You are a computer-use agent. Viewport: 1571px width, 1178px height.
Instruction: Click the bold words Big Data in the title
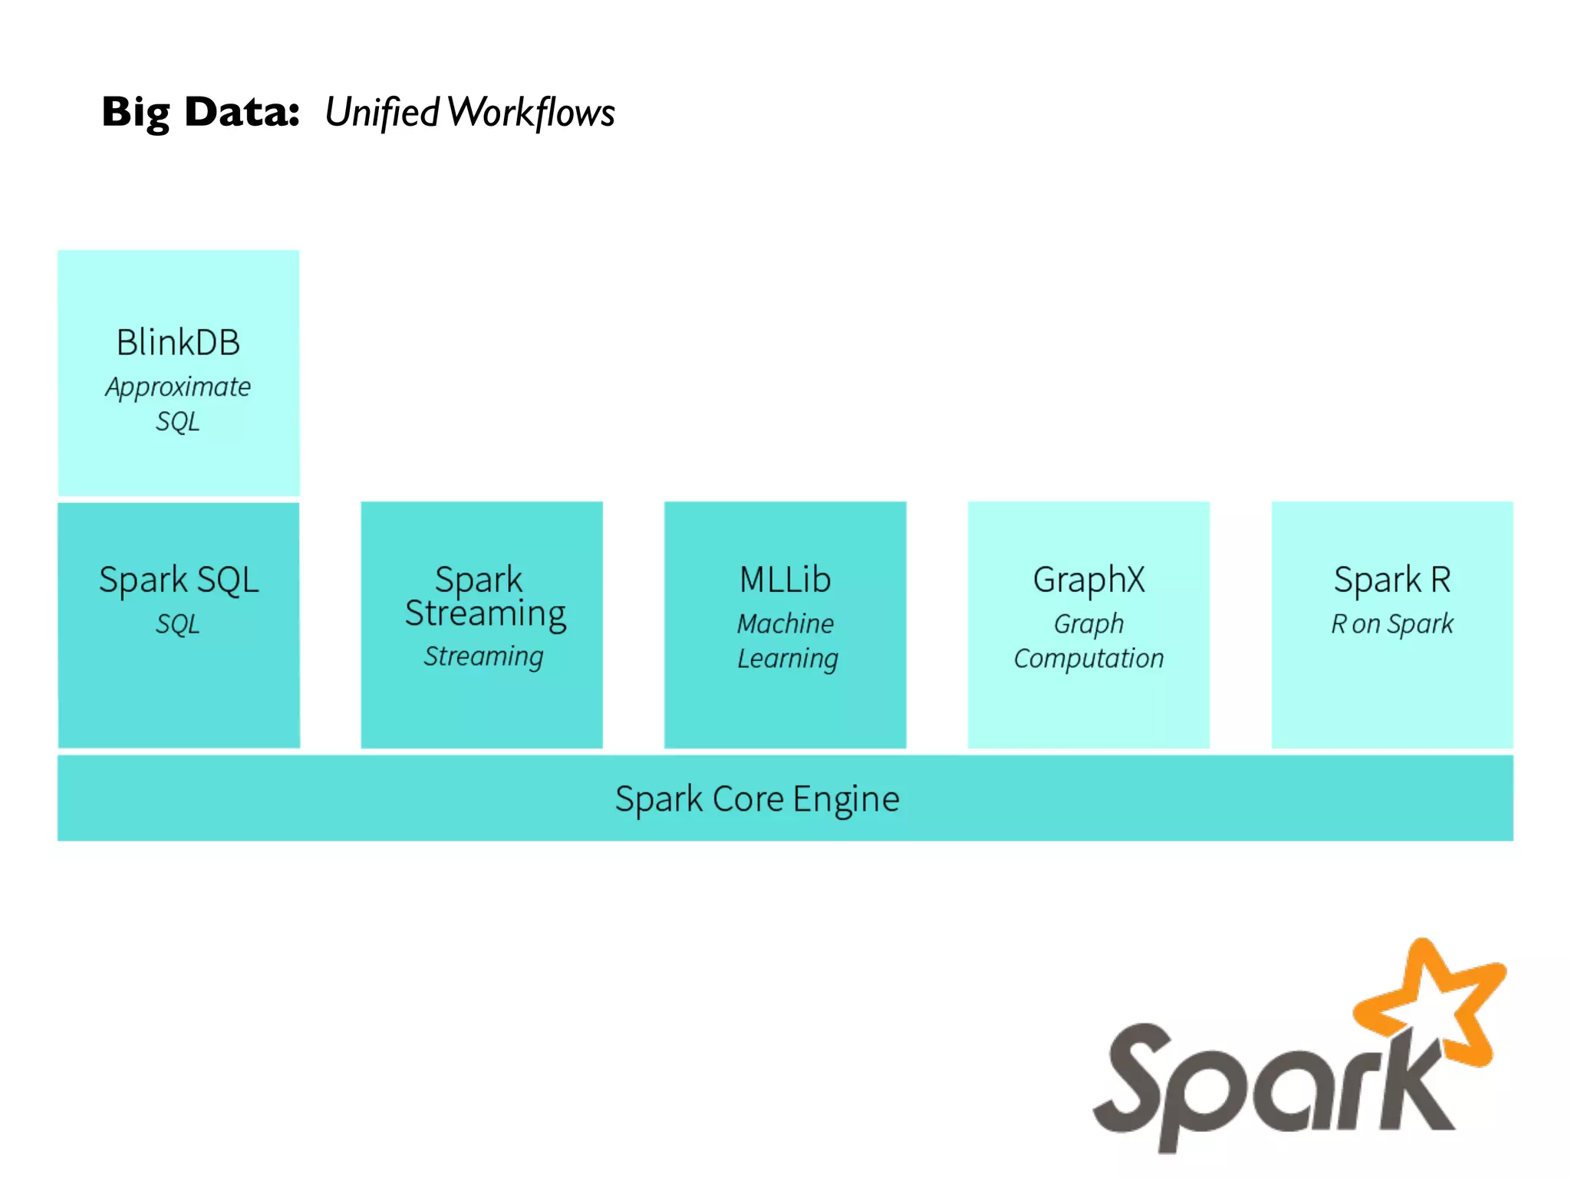coord(200,112)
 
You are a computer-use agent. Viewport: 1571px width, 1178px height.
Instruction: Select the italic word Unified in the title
coord(381,113)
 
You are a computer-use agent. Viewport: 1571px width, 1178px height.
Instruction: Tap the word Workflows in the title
coord(531,113)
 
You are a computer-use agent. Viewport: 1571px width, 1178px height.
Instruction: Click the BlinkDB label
coord(178,342)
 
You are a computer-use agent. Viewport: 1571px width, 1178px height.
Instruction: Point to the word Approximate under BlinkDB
coord(178,387)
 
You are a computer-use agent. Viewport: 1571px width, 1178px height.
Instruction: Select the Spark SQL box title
coord(178,580)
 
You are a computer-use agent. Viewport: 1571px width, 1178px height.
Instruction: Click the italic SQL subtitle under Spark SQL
coord(177,624)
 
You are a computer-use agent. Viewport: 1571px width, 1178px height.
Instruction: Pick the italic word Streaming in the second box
coord(483,656)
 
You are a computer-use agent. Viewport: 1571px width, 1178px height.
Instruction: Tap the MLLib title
coord(785,580)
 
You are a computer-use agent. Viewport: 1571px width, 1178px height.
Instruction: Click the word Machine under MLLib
coord(785,624)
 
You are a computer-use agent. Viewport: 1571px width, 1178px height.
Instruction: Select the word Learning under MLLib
coord(788,659)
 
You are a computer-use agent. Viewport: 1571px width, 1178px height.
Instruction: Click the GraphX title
coord(1089,580)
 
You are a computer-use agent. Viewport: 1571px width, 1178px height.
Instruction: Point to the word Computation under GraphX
coord(1089,659)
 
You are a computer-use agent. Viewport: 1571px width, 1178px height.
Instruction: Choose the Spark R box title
coord(1392,580)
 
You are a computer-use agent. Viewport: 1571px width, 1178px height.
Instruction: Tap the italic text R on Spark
coord(1392,624)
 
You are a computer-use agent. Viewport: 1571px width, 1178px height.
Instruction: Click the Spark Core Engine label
coord(757,799)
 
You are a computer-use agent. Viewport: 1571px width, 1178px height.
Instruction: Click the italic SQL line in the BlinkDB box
coord(177,421)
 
